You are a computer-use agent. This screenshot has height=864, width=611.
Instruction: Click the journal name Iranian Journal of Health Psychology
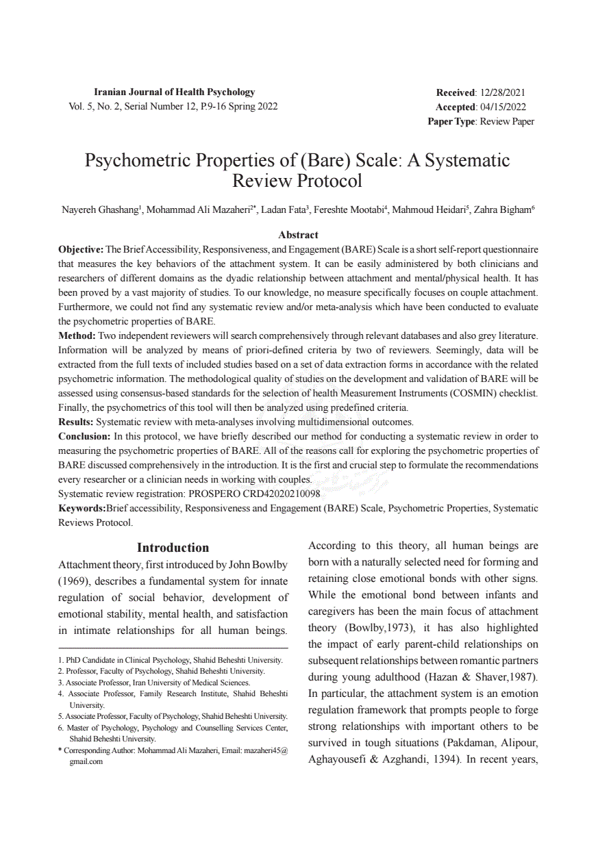(x=174, y=92)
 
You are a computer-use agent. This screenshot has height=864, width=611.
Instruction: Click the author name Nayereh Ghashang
(x=101, y=210)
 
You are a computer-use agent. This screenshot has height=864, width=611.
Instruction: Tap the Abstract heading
(x=298, y=235)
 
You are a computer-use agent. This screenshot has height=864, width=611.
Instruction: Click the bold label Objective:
(x=81, y=249)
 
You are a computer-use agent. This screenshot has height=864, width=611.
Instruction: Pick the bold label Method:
(x=77, y=335)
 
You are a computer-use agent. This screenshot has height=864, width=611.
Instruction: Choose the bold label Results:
(x=76, y=422)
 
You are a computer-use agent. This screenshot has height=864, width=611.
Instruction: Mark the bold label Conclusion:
(x=84, y=436)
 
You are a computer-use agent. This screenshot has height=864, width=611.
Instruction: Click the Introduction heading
(x=173, y=548)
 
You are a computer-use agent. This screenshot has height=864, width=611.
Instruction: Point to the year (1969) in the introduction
(x=73, y=581)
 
